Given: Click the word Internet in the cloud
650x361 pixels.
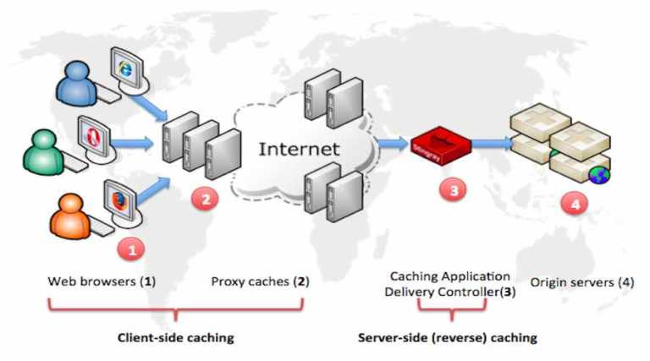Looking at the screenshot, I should click(299, 150).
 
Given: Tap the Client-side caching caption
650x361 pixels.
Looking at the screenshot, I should click(175, 337).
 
